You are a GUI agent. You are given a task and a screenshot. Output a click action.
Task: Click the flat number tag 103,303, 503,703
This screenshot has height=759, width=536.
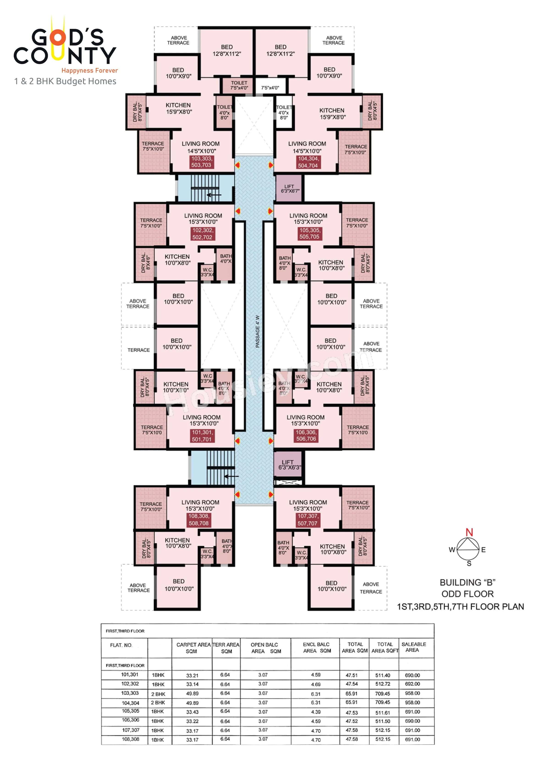pos(201,162)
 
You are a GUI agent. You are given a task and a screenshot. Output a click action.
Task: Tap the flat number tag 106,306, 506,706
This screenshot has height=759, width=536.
pos(306,435)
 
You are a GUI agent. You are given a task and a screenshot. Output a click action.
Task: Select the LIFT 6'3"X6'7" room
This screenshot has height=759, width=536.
pos(289,188)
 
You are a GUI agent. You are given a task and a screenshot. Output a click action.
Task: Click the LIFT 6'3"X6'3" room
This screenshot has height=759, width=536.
pos(288,464)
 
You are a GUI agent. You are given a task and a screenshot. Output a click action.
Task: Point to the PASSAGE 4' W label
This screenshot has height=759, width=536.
pos(258,331)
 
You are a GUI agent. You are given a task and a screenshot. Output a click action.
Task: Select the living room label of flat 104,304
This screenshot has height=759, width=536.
pos(307,147)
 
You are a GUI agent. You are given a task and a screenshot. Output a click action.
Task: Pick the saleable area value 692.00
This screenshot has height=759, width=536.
pos(412,684)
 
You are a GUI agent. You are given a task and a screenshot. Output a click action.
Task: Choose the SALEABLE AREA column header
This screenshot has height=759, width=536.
pos(413,647)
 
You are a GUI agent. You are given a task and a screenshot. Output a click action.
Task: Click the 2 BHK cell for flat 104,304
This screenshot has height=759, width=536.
pos(158,703)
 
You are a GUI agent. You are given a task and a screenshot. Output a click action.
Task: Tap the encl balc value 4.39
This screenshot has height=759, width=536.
pos(315,712)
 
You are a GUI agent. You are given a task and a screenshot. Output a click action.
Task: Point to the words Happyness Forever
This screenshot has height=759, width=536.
pos(90,70)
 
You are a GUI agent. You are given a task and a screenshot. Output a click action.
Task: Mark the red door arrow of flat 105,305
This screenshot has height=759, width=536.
pos(270,211)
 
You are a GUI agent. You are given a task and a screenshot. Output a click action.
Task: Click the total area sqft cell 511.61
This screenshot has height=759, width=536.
pos(382,713)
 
